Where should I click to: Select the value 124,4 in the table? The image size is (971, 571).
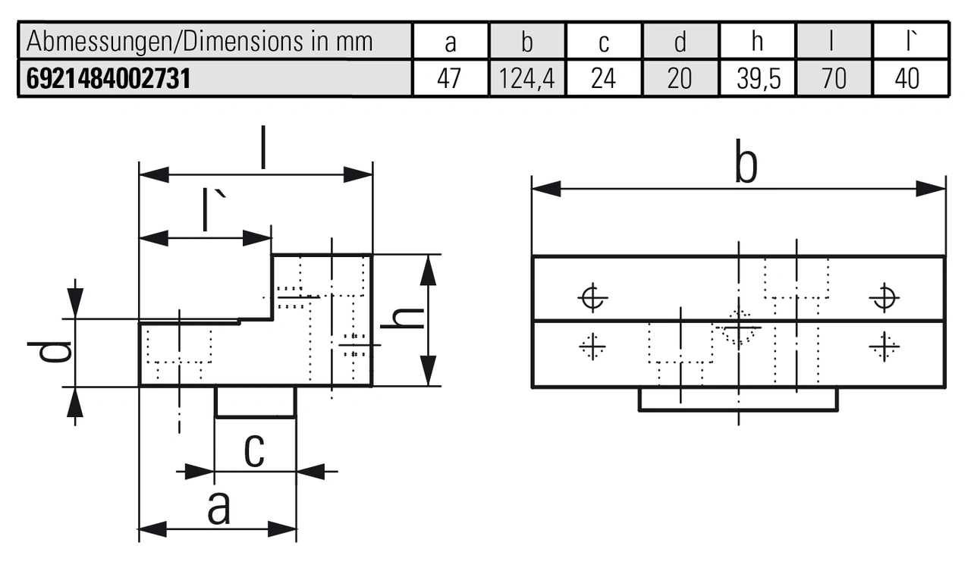(x=528, y=79)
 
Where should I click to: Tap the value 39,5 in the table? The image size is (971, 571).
(x=758, y=79)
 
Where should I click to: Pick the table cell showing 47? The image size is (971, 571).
(x=451, y=79)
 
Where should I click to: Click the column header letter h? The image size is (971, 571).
(x=757, y=42)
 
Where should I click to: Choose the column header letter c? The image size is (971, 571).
(x=604, y=42)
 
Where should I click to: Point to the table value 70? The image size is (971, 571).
(x=834, y=79)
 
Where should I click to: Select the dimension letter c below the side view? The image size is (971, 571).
(x=253, y=451)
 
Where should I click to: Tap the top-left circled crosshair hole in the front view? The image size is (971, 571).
(x=592, y=297)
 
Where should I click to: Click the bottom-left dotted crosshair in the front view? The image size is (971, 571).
(x=592, y=347)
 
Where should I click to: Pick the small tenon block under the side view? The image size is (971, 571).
(x=256, y=401)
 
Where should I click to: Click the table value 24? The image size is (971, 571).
(x=604, y=79)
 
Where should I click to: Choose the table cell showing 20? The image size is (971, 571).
(x=680, y=79)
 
